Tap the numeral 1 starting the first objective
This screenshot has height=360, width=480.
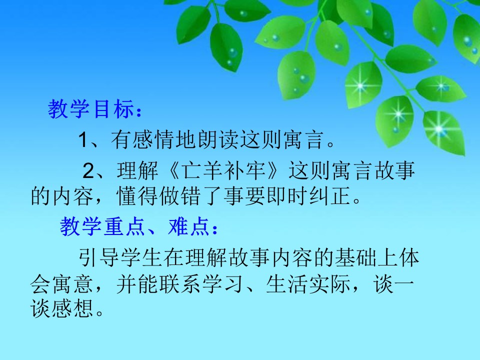click(x=83, y=140)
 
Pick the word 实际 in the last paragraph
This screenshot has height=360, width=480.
click(x=332, y=285)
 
